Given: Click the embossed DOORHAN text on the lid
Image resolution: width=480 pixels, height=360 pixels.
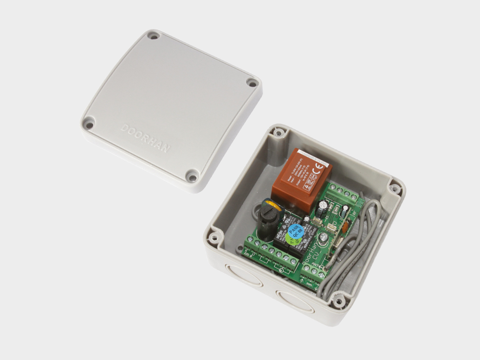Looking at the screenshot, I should click(145, 138).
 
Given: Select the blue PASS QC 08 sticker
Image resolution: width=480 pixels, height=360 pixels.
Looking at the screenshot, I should click(295, 231).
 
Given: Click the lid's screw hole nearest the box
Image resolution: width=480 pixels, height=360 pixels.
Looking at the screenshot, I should click(192, 177).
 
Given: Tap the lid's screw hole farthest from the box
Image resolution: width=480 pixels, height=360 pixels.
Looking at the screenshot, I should click(153, 36).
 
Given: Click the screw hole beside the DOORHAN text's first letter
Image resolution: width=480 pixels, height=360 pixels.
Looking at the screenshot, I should click(88, 124).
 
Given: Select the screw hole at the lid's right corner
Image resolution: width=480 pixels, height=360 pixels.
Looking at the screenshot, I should click(252, 83).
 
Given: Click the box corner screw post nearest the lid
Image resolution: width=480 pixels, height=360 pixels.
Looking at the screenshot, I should click(279, 133).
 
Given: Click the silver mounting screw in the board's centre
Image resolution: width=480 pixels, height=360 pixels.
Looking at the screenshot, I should click(322, 239).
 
